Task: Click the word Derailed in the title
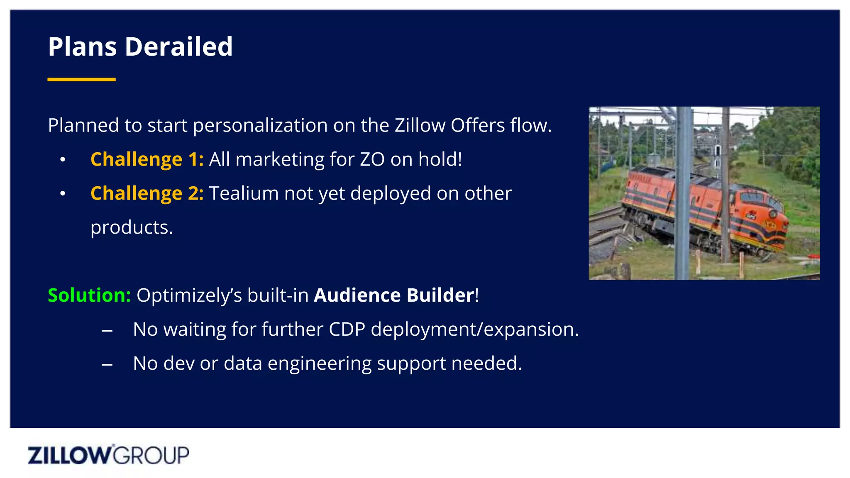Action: pos(178,46)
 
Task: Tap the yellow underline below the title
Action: pos(81,79)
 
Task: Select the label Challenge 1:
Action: pos(147,159)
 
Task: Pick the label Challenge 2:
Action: pos(147,193)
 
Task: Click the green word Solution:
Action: pos(89,295)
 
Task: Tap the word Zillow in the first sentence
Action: pos(420,125)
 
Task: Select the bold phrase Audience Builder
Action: pos(393,295)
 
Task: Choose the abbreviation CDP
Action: pos(347,329)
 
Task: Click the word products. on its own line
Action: pos(132,227)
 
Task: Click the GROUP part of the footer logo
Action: pos(151,455)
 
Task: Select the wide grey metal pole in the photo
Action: pos(683,193)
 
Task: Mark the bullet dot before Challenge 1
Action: pos(63,160)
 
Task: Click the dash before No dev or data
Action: pos(107,364)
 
